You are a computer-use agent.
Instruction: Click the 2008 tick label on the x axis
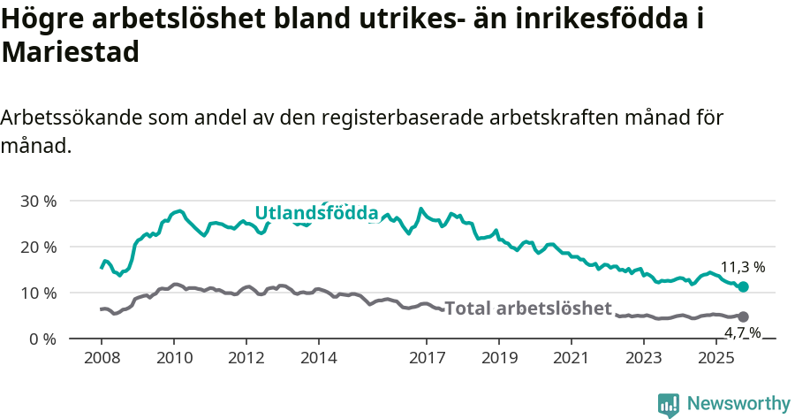click(x=101, y=358)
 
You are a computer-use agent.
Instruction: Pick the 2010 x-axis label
click(x=173, y=358)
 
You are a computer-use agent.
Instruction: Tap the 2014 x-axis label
click(x=318, y=358)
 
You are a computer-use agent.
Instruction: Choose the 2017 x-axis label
click(x=427, y=358)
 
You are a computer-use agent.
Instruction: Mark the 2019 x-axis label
click(x=499, y=358)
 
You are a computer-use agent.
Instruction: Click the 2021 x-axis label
click(x=572, y=358)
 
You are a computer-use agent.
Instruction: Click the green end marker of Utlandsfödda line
click(x=743, y=286)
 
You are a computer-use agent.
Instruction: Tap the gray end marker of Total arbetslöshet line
click(x=743, y=316)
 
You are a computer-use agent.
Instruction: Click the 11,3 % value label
click(x=742, y=267)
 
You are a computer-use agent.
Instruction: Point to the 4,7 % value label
click(x=743, y=332)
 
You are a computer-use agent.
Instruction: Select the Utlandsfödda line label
click(x=316, y=213)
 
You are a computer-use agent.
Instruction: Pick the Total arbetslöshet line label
click(x=527, y=309)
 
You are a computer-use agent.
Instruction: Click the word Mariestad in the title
click(x=71, y=52)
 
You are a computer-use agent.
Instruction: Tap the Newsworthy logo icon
click(x=669, y=405)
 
